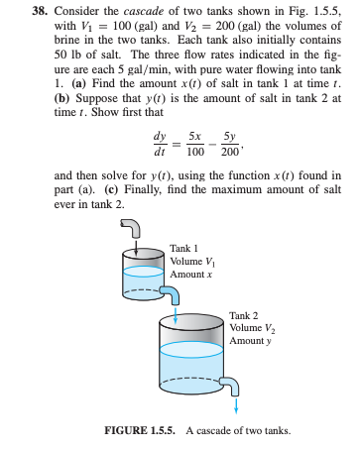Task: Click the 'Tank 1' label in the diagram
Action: pos(184,248)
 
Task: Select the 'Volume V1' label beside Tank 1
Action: pos(191,260)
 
